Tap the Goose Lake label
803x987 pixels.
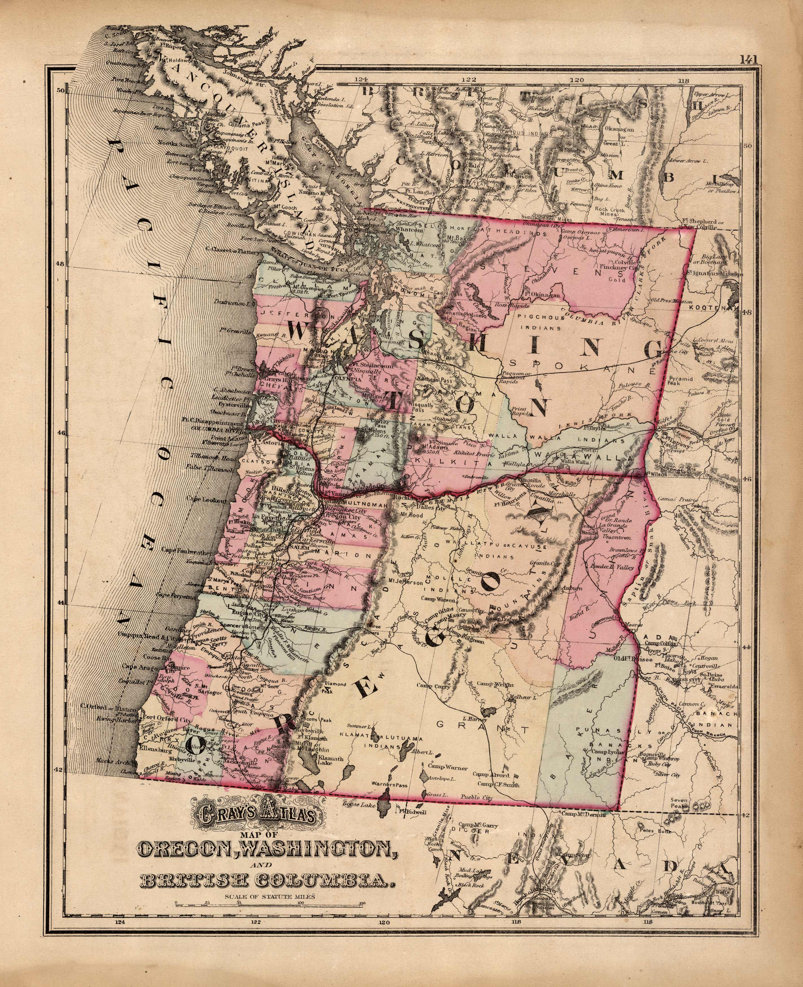tap(354, 804)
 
